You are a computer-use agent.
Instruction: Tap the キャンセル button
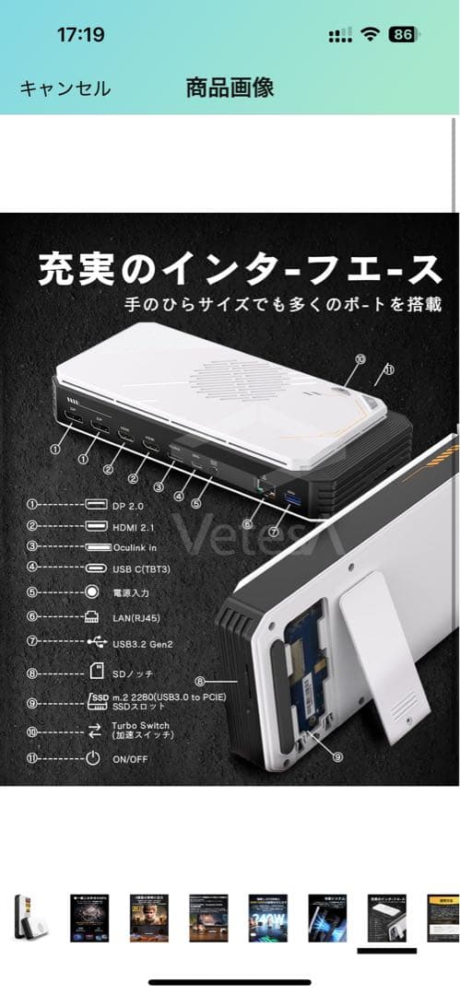click(65, 88)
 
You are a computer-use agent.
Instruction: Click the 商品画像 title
click(230, 88)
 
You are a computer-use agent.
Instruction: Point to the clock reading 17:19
click(80, 35)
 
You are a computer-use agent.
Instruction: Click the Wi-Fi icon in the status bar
click(372, 35)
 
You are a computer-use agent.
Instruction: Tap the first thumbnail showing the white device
click(26, 917)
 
